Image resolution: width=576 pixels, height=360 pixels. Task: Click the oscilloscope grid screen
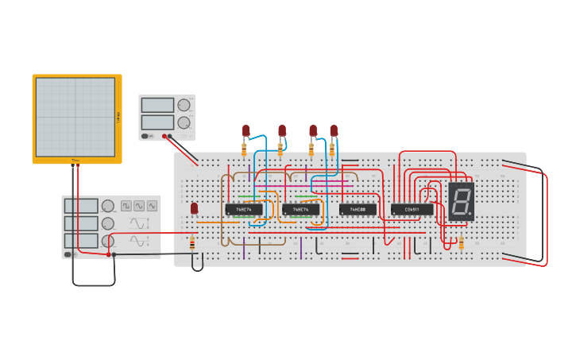[x=75, y=117]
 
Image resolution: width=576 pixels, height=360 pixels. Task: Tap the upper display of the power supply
[x=157, y=105]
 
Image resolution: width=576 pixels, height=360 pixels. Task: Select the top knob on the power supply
[x=184, y=105]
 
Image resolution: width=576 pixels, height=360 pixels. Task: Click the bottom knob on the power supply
[x=184, y=122]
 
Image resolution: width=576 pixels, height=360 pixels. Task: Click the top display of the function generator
[x=81, y=206]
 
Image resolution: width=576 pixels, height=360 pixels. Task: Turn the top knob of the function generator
[x=108, y=206]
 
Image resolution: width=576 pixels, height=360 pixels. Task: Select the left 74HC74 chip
[x=243, y=210]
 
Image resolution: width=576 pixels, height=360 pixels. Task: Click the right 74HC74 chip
[x=300, y=210]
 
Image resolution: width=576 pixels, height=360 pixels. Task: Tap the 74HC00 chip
[x=358, y=210]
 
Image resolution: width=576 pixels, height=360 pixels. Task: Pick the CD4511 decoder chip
[x=412, y=210]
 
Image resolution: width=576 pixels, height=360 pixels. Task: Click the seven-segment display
[x=461, y=202]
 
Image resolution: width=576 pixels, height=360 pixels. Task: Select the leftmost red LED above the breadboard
[x=246, y=130]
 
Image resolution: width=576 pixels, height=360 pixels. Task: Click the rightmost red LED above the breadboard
[x=334, y=130]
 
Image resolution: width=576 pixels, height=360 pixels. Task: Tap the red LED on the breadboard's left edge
[x=194, y=208]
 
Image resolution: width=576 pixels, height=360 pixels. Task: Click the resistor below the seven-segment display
[x=462, y=242]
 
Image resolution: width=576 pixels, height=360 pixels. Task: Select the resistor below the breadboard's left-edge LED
[x=192, y=243]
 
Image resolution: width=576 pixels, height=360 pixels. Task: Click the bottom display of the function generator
[x=81, y=241]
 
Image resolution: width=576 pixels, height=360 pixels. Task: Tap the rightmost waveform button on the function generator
[x=152, y=206]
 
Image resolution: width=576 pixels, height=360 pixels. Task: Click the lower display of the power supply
[x=157, y=122]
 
